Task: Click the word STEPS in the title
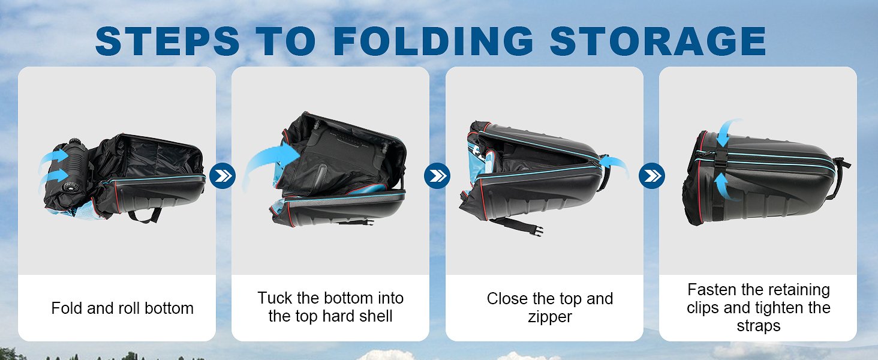[x=167, y=41]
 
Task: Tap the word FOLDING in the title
[x=434, y=41]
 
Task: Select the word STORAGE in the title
[x=658, y=41]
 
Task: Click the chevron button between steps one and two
[x=222, y=176]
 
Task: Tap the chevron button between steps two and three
[x=437, y=176]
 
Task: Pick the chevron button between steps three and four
[x=652, y=176]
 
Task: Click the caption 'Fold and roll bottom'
[x=122, y=308]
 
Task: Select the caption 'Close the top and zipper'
[x=550, y=307]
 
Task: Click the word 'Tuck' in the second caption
[x=275, y=298]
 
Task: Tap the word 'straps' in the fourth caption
[x=759, y=326]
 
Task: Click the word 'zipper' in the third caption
[x=550, y=317]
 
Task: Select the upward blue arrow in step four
[x=724, y=186]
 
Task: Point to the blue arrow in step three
[x=615, y=164]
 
